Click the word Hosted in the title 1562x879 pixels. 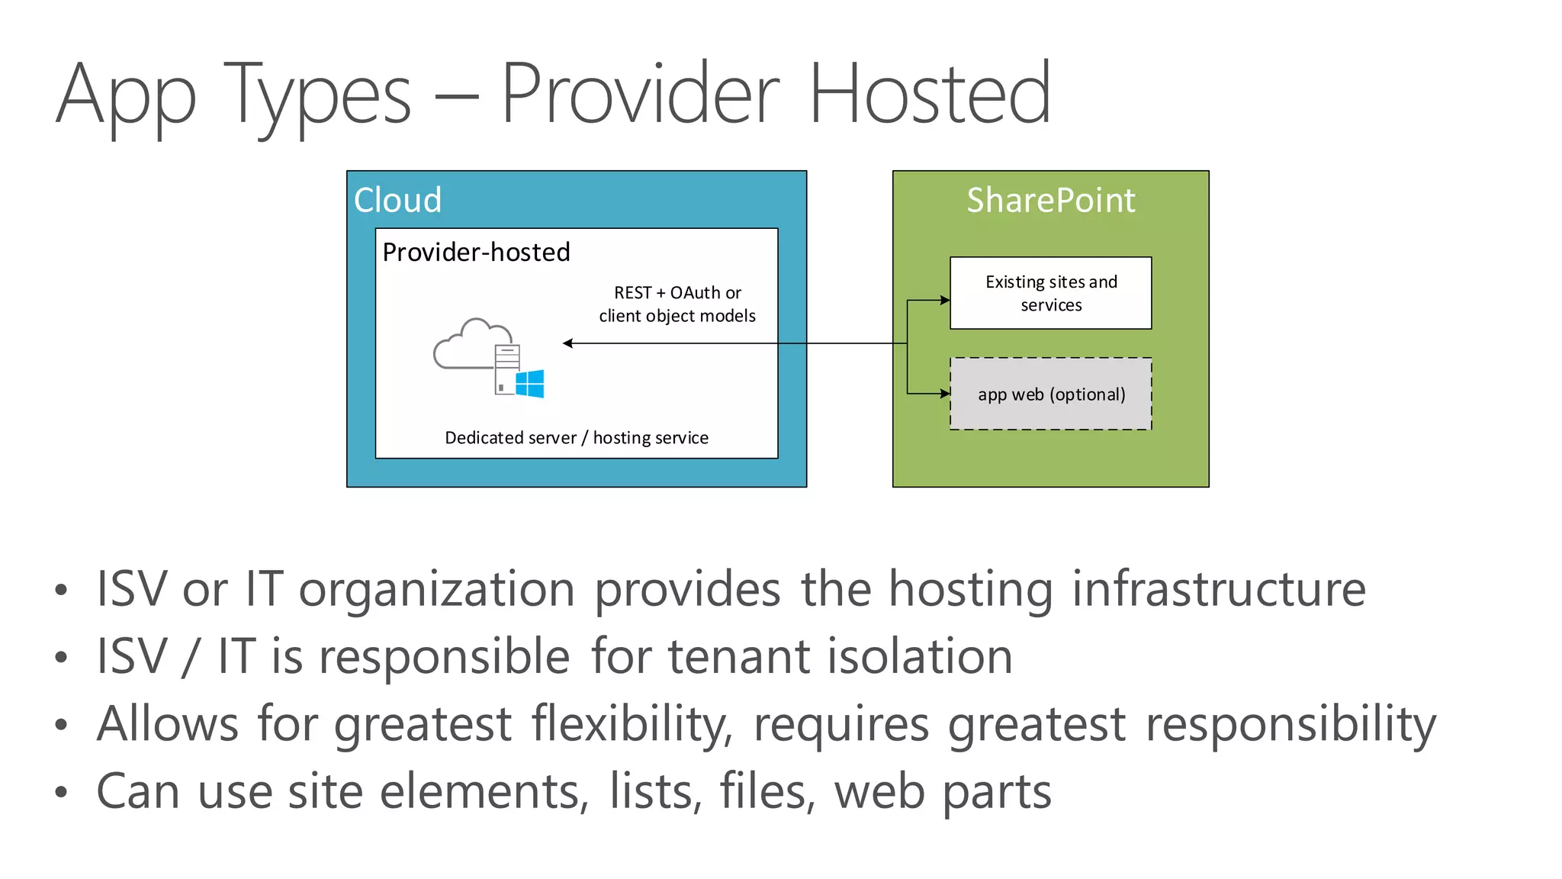(929, 95)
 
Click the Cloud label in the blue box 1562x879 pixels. (397, 200)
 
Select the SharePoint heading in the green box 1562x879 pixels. (1050, 200)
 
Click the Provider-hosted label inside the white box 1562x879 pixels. (476, 252)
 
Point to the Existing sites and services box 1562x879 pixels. (1050, 293)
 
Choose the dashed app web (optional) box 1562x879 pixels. (1050, 394)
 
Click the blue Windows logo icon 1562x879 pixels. (530, 384)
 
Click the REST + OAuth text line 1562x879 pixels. (677, 293)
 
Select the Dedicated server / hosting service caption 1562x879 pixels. (577, 438)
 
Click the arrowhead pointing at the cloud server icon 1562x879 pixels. (567, 343)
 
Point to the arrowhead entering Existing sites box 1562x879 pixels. (945, 300)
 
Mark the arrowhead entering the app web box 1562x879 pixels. (945, 394)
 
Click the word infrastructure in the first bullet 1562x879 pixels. (1218, 589)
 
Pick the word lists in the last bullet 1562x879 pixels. (654, 791)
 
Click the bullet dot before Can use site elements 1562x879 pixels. (62, 792)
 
